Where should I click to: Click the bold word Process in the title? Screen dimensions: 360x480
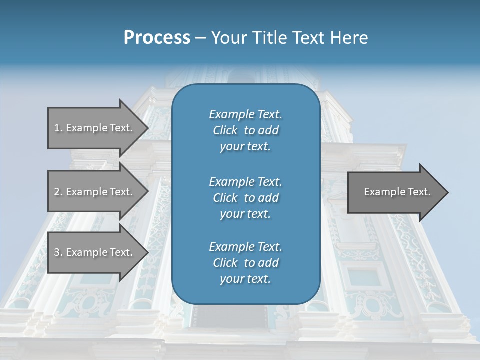coord(157,38)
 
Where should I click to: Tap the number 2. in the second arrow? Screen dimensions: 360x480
coord(58,192)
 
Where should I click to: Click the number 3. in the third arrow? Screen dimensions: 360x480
coord(58,252)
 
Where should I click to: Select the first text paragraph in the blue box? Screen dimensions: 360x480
coord(245,130)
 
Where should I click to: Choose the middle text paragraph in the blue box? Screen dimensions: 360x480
coord(245,198)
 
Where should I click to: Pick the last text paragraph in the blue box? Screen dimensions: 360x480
coord(245,263)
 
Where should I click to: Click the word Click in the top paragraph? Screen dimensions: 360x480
coord(225,130)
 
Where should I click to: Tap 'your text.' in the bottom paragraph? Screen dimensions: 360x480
coord(245,279)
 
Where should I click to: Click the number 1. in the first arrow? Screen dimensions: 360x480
coord(58,128)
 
